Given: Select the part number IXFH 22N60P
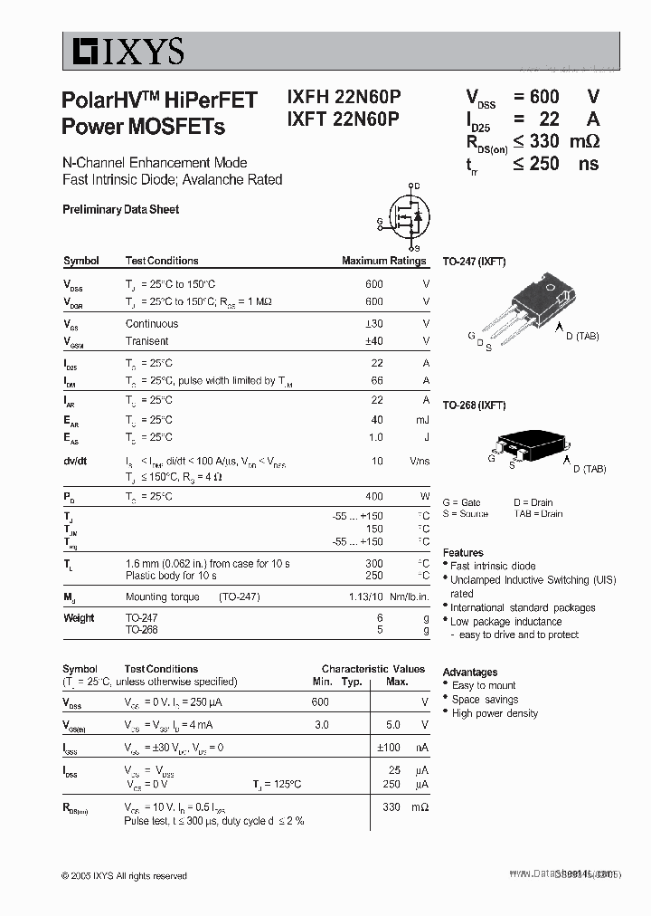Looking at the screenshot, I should pyautogui.click(x=344, y=99).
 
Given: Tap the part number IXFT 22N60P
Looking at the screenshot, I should pyautogui.click(x=344, y=119).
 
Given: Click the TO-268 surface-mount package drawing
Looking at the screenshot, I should pyautogui.click(x=529, y=443).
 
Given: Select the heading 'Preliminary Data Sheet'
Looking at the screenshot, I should pyautogui.click(x=120, y=209).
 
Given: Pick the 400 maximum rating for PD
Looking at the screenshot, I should pyautogui.click(x=373, y=497).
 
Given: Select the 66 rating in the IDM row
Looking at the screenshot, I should pyautogui.click(x=377, y=381).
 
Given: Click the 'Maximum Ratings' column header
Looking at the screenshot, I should pyautogui.click(x=383, y=261).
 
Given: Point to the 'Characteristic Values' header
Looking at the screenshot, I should pyautogui.click(x=373, y=669).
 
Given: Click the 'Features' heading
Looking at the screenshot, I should pyautogui.click(x=463, y=553).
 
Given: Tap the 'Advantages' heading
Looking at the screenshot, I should pyautogui.click(x=469, y=673).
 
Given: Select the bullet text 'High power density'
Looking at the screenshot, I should pyautogui.click(x=495, y=713).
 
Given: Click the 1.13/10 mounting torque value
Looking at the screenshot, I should pyautogui.click(x=365, y=597).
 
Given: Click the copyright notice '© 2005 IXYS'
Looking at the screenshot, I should pyautogui.click(x=124, y=875).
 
